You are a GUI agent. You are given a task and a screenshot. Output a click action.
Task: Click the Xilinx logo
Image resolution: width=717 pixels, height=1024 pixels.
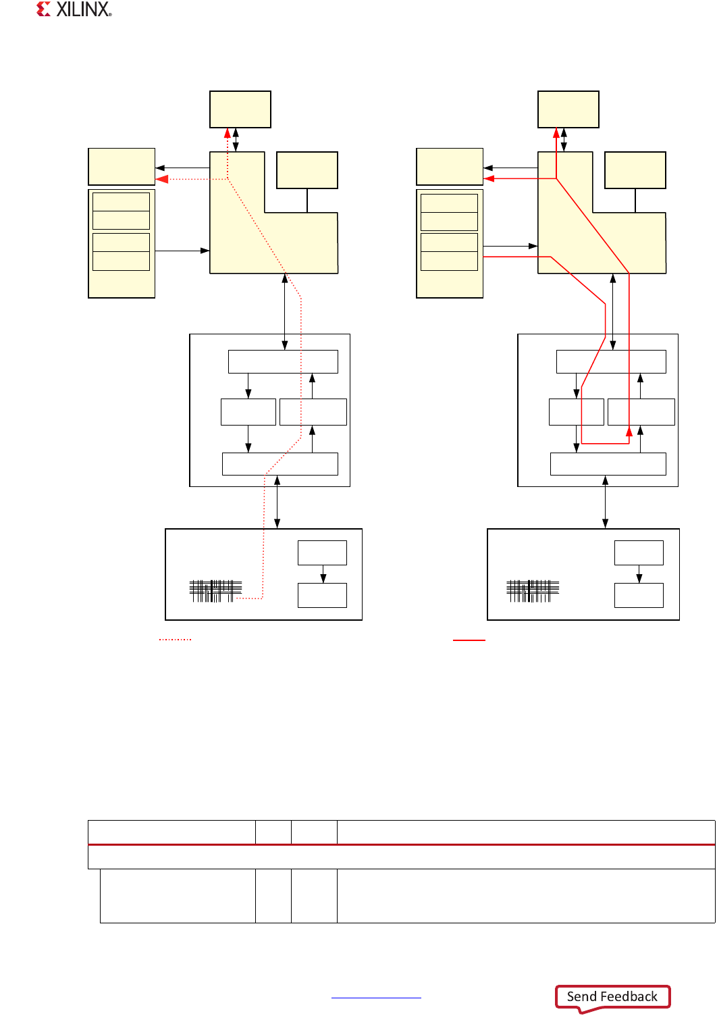[74, 9]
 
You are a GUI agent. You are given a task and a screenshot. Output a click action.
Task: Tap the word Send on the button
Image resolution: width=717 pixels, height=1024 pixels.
[581, 996]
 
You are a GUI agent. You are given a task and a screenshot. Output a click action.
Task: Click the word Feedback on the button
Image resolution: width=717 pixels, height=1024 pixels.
[628, 996]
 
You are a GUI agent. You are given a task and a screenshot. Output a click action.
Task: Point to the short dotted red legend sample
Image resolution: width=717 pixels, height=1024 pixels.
[175, 639]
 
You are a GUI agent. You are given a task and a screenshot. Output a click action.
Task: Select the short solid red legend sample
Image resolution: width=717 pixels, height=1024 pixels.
[469, 639]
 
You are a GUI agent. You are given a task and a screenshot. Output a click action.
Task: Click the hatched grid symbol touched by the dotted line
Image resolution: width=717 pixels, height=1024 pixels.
[215, 591]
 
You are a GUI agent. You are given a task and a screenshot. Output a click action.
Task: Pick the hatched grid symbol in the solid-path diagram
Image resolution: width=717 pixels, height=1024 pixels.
[533, 591]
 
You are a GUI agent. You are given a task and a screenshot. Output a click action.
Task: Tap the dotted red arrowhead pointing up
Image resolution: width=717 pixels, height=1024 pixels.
[228, 133]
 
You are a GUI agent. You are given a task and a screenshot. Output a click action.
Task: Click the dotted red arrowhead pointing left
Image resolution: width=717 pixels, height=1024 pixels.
[162, 179]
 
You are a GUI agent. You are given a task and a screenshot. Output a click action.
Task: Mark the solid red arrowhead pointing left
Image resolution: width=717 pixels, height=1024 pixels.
[489, 178]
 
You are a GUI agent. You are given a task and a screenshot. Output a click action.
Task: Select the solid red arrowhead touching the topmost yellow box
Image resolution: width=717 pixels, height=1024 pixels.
[556, 133]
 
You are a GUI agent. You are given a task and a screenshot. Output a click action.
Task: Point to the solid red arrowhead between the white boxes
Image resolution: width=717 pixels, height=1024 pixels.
[629, 431]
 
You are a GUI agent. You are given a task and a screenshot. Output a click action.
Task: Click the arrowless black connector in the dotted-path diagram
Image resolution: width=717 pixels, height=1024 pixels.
[307, 201]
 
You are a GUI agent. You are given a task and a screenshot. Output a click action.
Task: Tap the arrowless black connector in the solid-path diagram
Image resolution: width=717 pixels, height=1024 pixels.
[635, 201]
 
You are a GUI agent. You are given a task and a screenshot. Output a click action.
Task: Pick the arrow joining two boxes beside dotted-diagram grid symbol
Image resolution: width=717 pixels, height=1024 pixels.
[323, 573]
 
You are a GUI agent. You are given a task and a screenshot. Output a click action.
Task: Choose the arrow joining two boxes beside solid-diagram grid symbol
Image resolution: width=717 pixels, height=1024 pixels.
[639, 573]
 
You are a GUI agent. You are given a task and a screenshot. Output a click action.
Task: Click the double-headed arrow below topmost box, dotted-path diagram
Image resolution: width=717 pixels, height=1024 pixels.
[236, 140]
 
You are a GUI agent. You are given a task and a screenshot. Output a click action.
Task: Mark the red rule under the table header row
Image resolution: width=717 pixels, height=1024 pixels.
[401, 844]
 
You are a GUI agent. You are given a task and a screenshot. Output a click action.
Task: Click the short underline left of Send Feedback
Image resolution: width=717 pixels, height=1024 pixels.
[376, 998]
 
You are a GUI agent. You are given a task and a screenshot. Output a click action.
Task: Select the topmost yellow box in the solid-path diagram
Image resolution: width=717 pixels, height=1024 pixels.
[568, 109]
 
